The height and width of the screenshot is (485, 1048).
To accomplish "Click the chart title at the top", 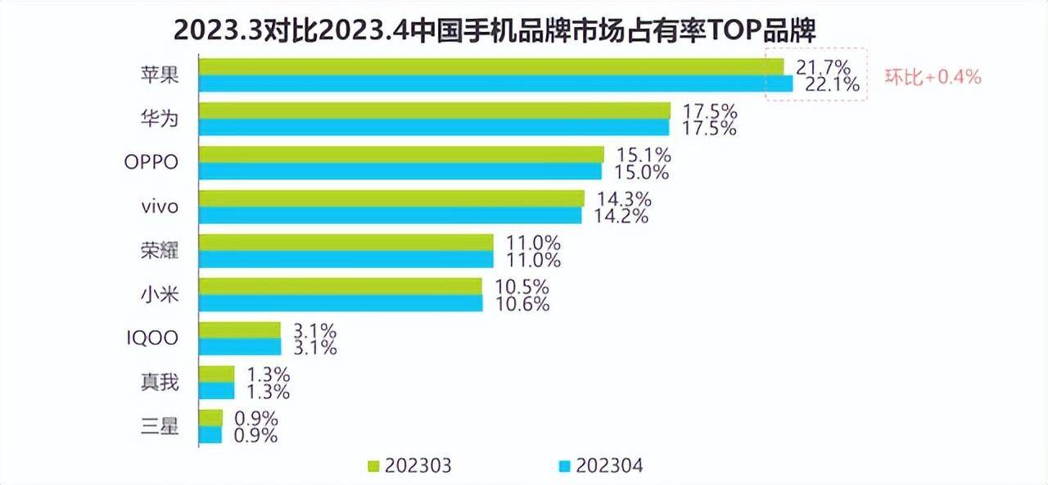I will coord(495,32).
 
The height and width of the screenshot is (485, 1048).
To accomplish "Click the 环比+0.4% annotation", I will coord(932,78).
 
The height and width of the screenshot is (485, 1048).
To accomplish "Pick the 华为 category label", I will coord(158,119).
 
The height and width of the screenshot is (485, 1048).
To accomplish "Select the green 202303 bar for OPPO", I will coord(401,154).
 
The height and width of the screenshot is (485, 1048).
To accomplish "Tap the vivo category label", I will coord(159,206).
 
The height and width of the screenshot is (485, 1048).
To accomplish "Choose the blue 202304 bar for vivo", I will coord(391,215).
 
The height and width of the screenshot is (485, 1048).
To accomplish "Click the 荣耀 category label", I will coord(158,251).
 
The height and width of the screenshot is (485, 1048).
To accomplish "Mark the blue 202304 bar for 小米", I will coord(341,303).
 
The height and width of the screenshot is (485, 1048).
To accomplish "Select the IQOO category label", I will coord(151,338).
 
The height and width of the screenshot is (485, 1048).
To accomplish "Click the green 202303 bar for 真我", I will coord(217,374).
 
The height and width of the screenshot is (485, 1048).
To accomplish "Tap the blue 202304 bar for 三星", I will coord(211,435).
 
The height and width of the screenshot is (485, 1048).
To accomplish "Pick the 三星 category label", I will coord(158,426).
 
